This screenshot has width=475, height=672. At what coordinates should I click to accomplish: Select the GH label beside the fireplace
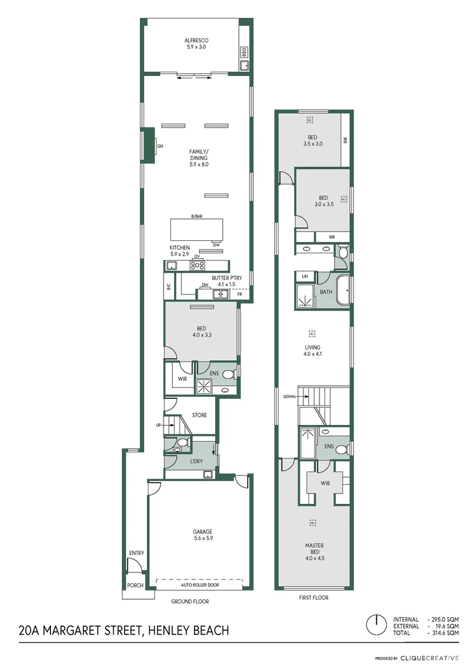click(x=160, y=146)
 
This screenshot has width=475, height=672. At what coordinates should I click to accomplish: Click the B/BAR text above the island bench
click(x=197, y=216)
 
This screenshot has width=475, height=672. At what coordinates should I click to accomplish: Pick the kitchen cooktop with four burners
click(x=198, y=265)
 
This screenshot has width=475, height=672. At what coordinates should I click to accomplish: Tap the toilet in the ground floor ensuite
click(x=228, y=375)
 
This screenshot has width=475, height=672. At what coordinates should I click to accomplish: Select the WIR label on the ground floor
click(x=183, y=378)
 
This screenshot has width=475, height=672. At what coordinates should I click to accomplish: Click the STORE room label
click(x=199, y=415)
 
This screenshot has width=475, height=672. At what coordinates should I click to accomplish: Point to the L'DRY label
click(x=196, y=461)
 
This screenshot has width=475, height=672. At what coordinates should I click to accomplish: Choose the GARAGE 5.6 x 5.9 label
click(x=203, y=535)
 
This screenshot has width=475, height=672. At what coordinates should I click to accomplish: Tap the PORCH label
click(x=135, y=586)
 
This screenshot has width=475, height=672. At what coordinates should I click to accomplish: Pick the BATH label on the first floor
click(x=326, y=292)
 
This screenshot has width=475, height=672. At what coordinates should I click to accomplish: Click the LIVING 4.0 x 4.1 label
click(x=311, y=351)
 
